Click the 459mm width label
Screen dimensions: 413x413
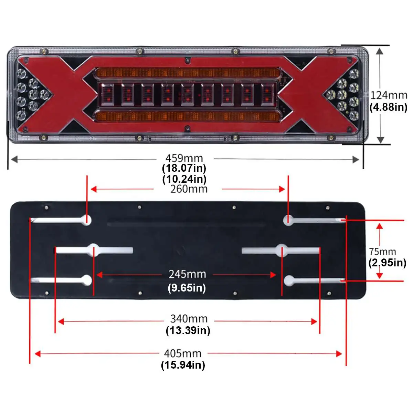tap(184, 158)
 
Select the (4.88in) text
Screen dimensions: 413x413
tap(388, 107)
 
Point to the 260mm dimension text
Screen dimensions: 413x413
tap(189, 189)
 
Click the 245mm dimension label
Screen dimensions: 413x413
tap(187, 274)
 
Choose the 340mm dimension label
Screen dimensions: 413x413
tap(189, 319)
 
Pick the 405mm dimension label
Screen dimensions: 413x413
tap(182, 353)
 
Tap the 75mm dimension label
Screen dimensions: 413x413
tap(382, 252)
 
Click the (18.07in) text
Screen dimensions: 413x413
tap(184, 168)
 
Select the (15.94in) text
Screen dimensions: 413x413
tap(183, 365)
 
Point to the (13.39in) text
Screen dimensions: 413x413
tap(188, 331)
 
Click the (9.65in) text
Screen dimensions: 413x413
tap(187, 287)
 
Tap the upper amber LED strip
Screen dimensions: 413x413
tap(187, 73)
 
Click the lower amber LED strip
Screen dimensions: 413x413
tap(187, 116)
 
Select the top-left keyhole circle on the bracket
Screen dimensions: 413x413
tap(86, 220)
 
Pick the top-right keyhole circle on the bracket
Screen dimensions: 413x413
tap(288, 220)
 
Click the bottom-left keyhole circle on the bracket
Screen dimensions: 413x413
tap(87, 280)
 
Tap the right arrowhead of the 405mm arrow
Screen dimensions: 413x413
tap(339, 354)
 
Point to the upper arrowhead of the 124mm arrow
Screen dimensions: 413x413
tap(380, 51)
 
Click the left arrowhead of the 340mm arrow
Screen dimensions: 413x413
tap(61, 322)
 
